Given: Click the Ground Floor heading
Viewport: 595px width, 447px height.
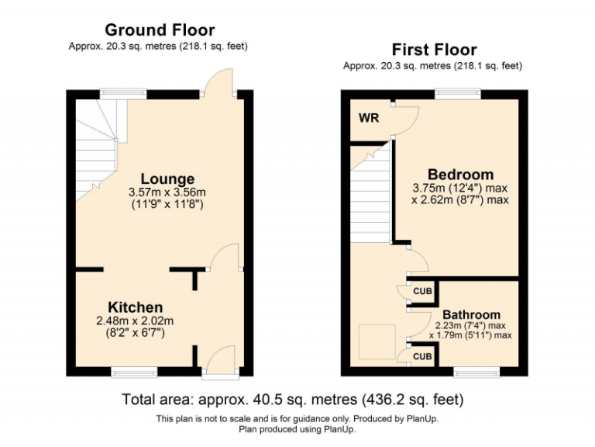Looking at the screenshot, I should [x=159, y=30].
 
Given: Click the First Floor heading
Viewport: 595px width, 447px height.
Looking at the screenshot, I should [x=433, y=50].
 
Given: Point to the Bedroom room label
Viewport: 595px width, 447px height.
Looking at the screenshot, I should [x=460, y=174].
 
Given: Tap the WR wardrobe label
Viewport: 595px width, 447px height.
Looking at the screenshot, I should [x=369, y=119].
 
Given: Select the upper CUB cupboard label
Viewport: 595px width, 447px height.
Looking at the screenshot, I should [x=422, y=291].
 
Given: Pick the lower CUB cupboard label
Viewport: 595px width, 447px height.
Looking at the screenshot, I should [x=422, y=357].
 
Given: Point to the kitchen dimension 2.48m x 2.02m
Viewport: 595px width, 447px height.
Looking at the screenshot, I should [x=136, y=321].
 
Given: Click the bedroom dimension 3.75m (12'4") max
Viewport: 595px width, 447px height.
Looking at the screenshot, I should [x=460, y=188].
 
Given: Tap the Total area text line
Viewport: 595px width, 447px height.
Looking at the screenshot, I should [x=293, y=400].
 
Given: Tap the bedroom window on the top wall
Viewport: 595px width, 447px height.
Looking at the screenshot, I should [x=457, y=94].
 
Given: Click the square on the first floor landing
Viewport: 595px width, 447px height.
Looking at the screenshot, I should [x=377, y=341].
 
